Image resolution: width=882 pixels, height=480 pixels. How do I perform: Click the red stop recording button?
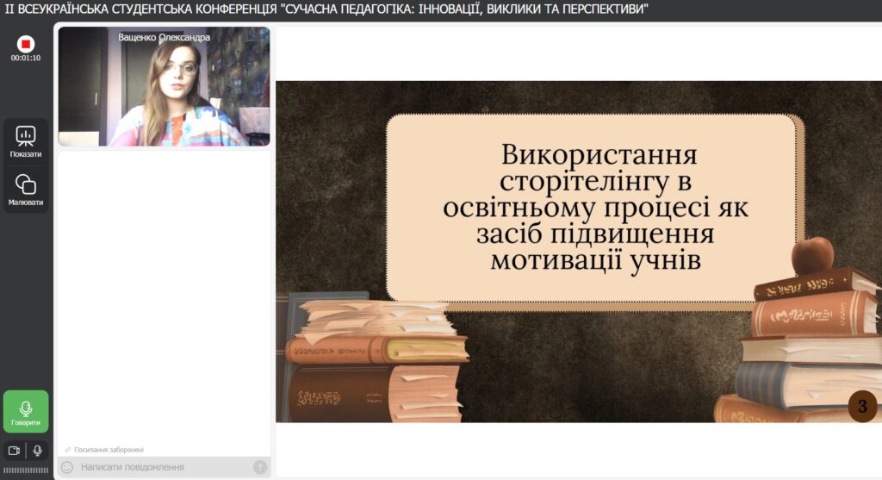point(25,44)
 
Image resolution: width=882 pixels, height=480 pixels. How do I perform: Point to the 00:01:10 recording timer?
point(25,58)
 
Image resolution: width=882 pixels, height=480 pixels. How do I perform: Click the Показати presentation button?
point(25,141)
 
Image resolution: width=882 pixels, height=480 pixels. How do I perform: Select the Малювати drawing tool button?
point(25,190)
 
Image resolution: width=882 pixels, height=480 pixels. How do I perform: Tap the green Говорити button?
point(25,411)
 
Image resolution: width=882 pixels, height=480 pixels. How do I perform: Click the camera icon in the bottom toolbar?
point(14,450)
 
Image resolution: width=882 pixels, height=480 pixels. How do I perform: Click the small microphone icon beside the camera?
point(37,450)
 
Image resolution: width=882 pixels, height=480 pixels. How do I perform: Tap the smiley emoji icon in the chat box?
point(67,467)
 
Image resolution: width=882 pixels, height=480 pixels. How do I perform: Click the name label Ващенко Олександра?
point(164,37)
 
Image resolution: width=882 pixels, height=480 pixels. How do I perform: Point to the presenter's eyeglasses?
point(181,69)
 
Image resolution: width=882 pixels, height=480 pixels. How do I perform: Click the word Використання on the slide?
point(599,155)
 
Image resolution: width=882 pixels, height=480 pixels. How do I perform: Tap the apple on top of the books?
point(813,255)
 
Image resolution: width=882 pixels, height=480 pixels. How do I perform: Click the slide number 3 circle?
point(862,406)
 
